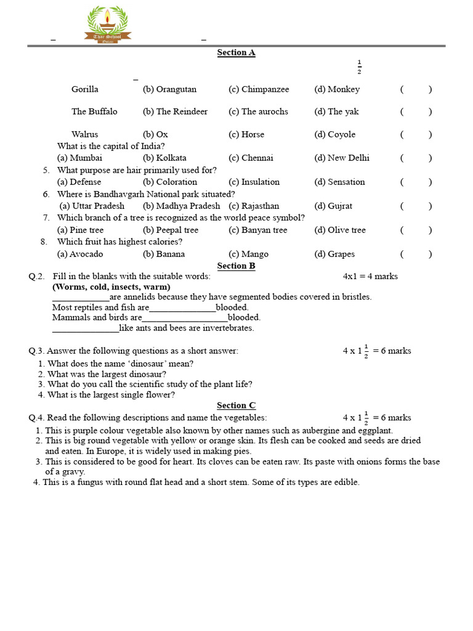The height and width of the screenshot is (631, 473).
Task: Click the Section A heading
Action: tap(236, 52)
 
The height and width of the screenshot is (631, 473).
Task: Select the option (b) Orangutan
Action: tap(169, 89)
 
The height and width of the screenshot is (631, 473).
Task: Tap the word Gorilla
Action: tap(84, 89)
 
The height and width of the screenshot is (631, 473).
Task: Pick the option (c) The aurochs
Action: tap(258, 112)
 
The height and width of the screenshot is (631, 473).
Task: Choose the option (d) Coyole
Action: tap(334, 134)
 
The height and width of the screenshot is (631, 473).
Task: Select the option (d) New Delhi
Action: tap(341, 158)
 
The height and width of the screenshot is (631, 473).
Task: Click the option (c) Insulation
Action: tap(254, 182)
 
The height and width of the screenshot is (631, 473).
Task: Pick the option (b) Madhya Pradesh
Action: tap(181, 206)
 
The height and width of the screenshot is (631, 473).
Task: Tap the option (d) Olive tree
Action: tap(339, 230)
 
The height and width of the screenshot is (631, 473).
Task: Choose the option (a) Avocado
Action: tap(80, 254)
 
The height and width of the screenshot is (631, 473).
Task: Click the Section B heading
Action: tap(236, 266)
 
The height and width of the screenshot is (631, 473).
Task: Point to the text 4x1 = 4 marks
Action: tap(370, 276)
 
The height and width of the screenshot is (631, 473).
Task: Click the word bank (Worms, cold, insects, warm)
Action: tap(111, 287)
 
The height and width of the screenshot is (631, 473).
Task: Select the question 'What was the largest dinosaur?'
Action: tap(107, 374)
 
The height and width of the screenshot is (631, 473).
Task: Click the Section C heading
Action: tap(236, 405)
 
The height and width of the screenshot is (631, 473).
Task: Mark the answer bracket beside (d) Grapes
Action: tap(416, 254)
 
